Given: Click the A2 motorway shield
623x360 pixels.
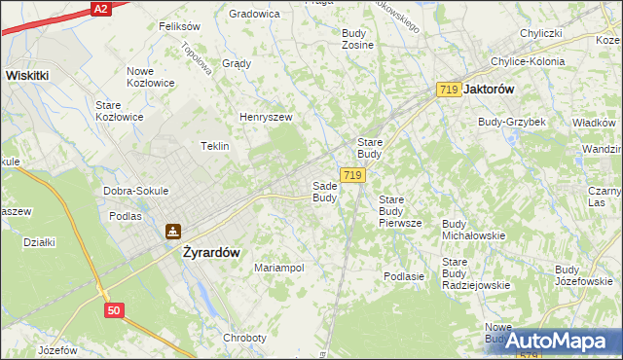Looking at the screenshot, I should [x=99, y=8].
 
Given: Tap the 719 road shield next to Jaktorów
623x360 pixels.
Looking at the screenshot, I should [x=449, y=90].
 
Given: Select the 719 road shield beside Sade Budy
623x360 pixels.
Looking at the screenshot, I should [x=353, y=175].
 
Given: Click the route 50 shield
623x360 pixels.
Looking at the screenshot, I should [x=115, y=309].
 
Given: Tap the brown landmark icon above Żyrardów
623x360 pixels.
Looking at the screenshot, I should [x=172, y=232].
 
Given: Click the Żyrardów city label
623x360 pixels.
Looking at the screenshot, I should [x=211, y=251].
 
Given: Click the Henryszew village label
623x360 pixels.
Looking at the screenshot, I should [x=266, y=118].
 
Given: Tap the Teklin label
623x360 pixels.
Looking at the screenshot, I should [x=214, y=146].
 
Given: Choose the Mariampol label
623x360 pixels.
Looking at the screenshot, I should [x=279, y=268].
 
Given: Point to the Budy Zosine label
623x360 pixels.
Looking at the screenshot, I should [x=357, y=39].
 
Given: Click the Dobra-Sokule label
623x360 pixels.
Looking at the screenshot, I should [x=136, y=191].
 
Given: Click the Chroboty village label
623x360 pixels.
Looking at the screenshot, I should [x=244, y=338].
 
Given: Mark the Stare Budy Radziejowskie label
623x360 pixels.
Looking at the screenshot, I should [x=476, y=273].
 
